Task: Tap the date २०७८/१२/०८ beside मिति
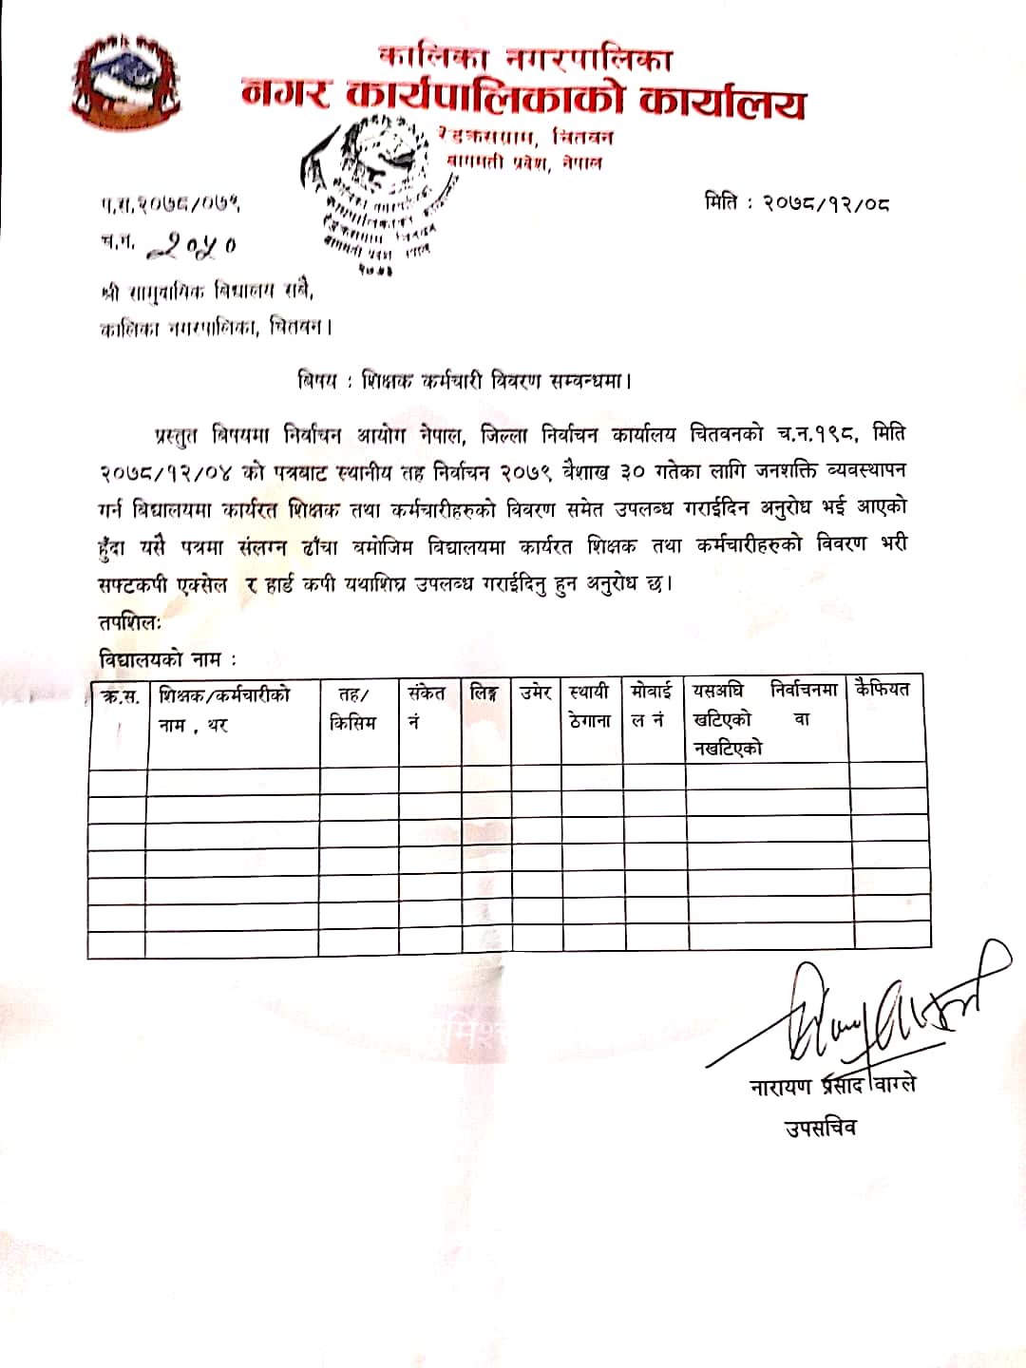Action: coord(826,202)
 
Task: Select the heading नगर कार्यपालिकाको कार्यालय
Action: coord(523,98)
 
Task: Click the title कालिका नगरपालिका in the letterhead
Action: coord(524,58)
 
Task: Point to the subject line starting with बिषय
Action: coord(465,381)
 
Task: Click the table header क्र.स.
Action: coord(121,695)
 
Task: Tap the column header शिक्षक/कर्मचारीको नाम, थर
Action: coord(225,709)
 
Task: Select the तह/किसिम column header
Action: coord(353,709)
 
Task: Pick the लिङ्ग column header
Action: coord(484,693)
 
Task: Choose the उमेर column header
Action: coord(536,693)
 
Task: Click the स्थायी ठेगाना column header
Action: coord(590,707)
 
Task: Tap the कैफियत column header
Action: coord(883,689)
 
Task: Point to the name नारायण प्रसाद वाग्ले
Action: coord(832,1085)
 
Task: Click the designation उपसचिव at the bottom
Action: coord(820,1128)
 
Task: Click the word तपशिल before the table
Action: coord(130,622)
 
